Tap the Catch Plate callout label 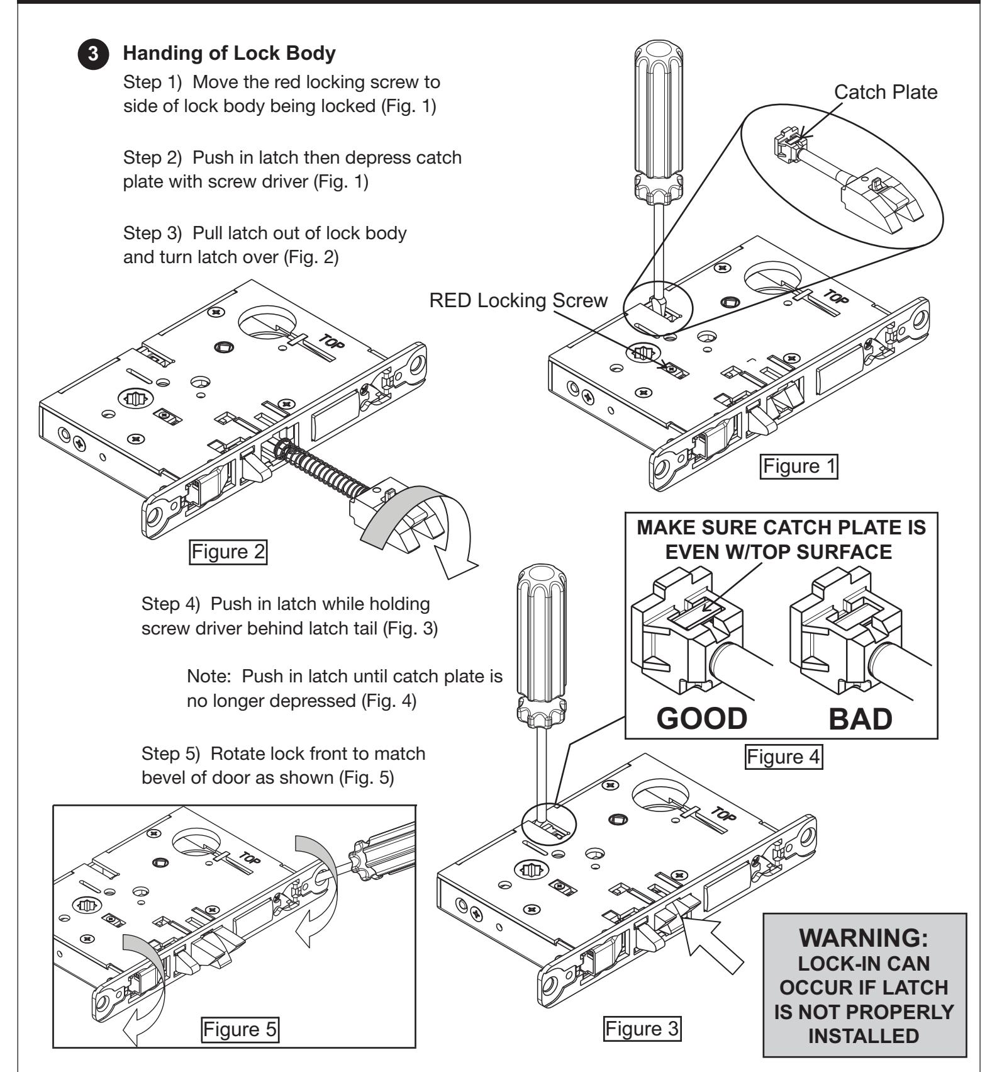pos(885,92)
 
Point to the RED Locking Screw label pos(518,300)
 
